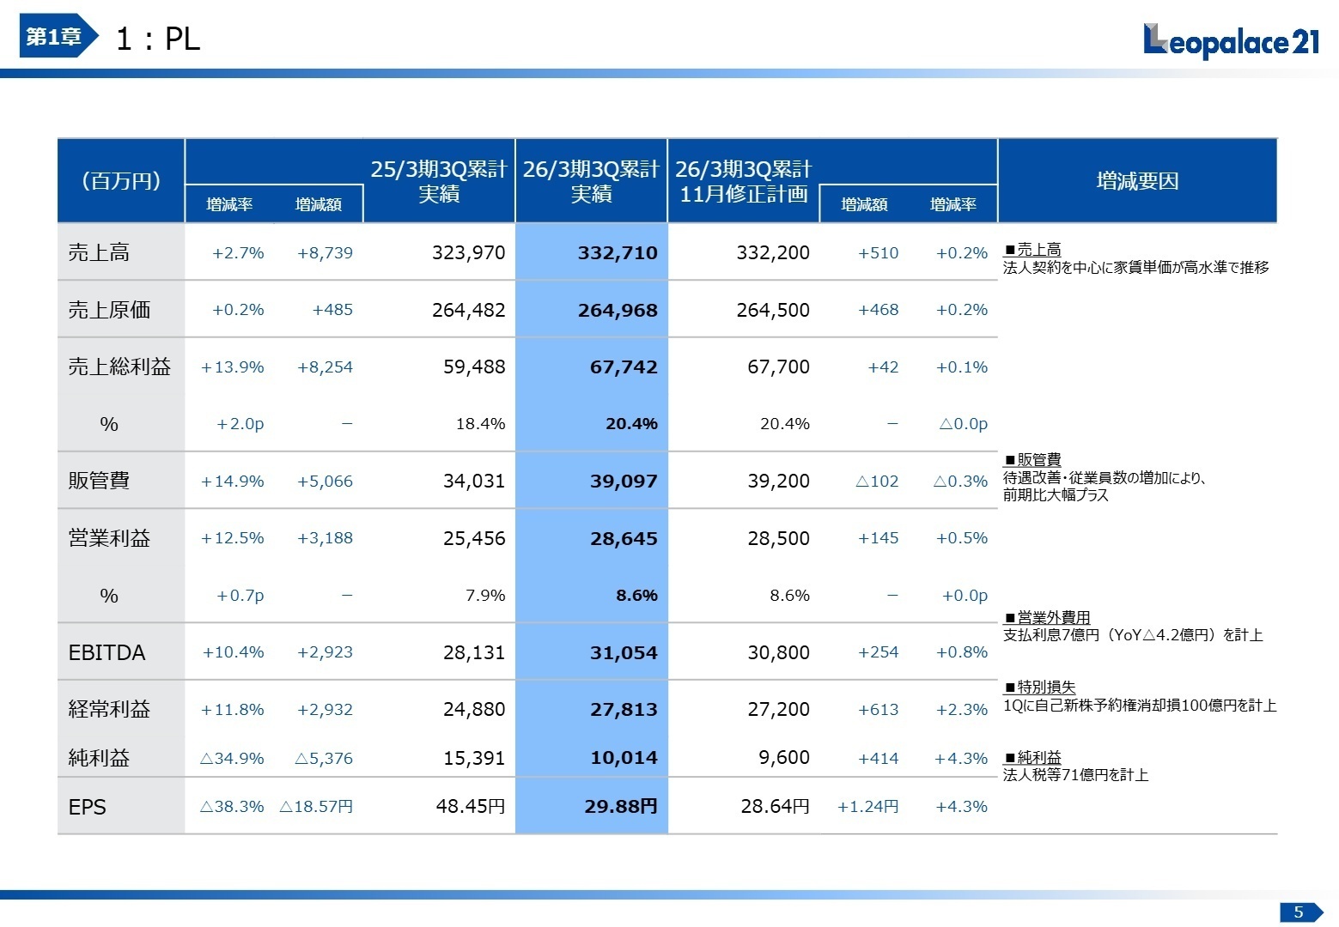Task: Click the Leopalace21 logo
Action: (x=1231, y=40)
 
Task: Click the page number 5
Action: (x=1298, y=912)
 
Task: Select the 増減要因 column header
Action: (x=1137, y=181)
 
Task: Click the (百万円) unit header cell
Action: (x=121, y=181)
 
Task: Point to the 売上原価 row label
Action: (x=109, y=310)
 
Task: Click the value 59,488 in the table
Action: (x=473, y=367)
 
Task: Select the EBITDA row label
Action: (x=107, y=652)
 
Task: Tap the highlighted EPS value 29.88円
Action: (x=620, y=807)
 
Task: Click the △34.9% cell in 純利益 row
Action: (x=232, y=759)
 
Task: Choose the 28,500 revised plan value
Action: (x=778, y=539)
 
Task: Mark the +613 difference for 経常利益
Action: (x=878, y=710)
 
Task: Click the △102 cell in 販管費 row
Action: (x=876, y=482)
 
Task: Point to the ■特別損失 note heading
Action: (x=1039, y=688)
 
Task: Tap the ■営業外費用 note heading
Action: (x=1046, y=618)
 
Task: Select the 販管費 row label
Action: (x=99, y=481)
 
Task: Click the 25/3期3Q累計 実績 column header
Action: (x=439, y=181)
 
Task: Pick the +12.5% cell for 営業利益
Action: (x=232, y=538)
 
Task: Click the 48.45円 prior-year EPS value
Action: (x=470, y=807)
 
